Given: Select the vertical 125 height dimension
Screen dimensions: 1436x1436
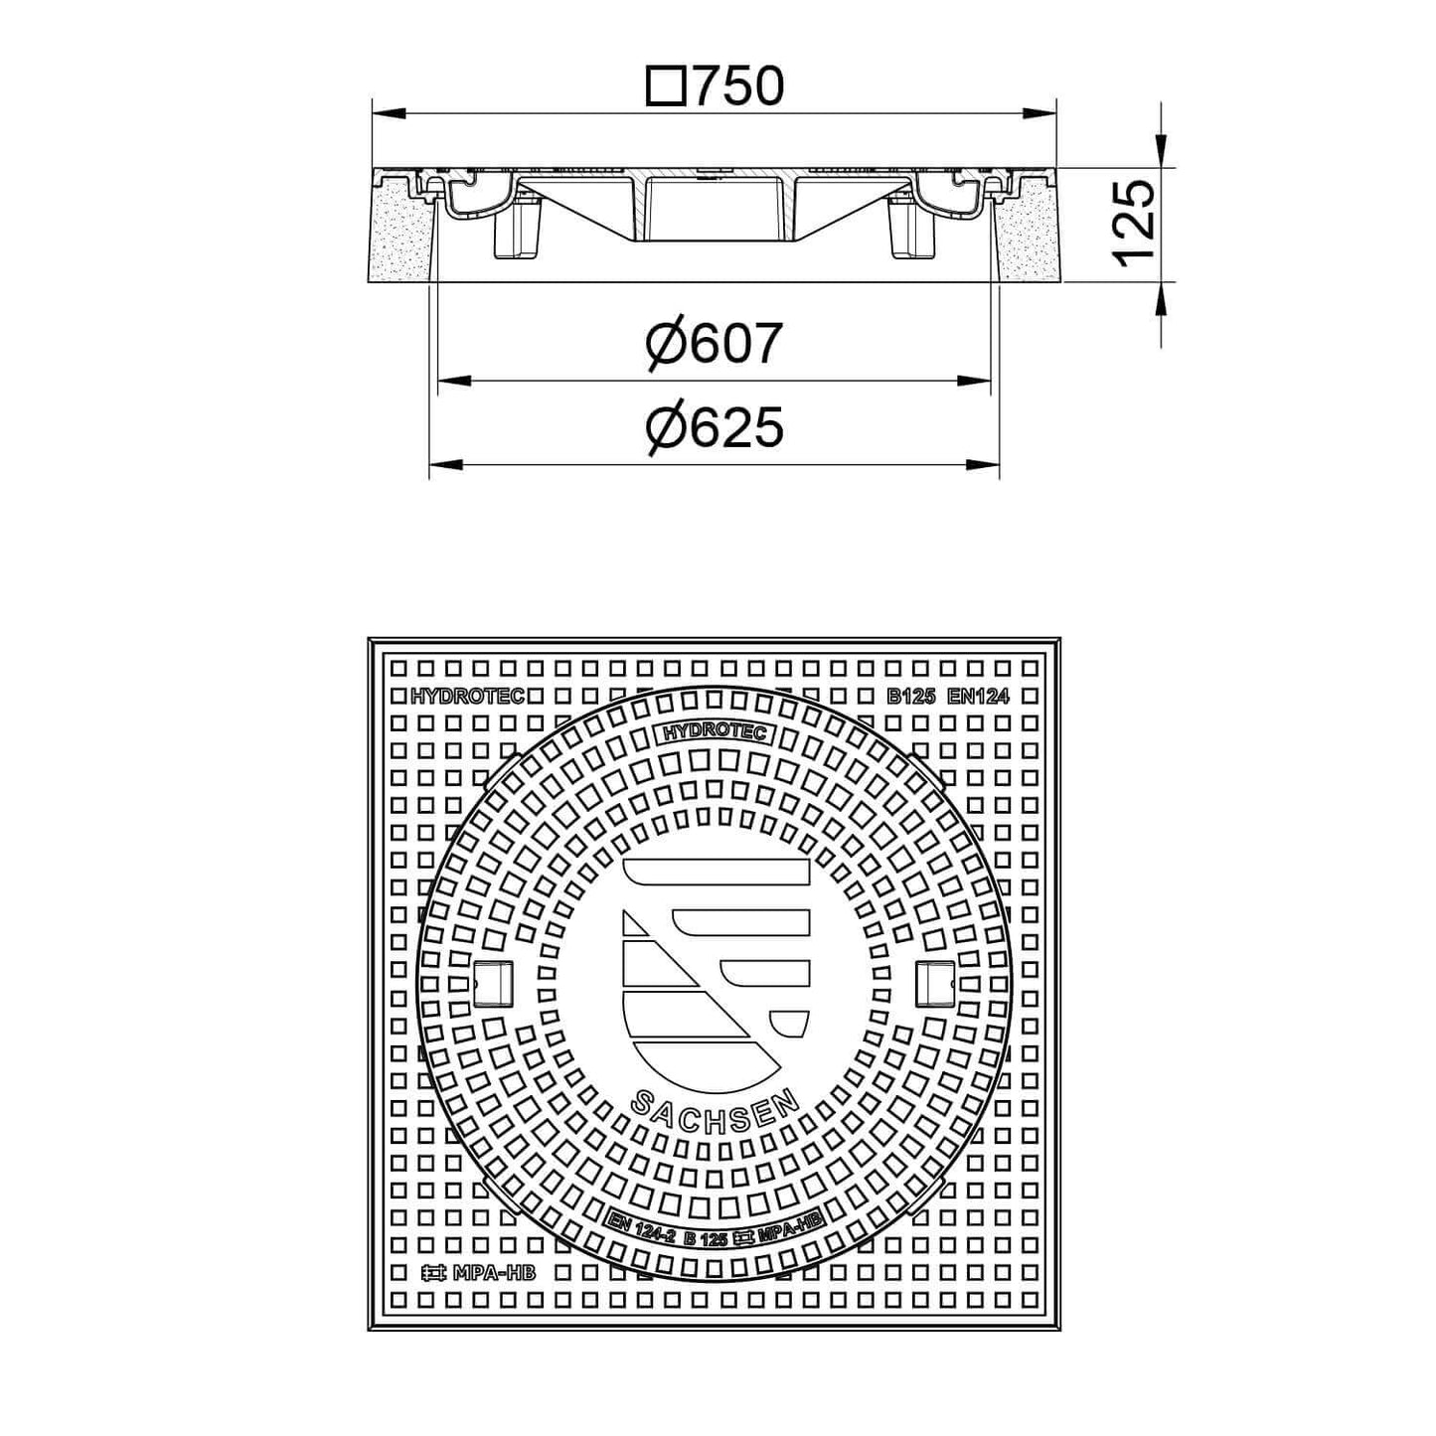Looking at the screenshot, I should [1133, 224].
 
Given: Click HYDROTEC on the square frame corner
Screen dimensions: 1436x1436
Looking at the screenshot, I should [467, 697].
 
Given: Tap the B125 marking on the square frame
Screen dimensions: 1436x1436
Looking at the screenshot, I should [909, 697].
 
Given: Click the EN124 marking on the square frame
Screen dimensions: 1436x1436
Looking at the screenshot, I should [978, 697].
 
